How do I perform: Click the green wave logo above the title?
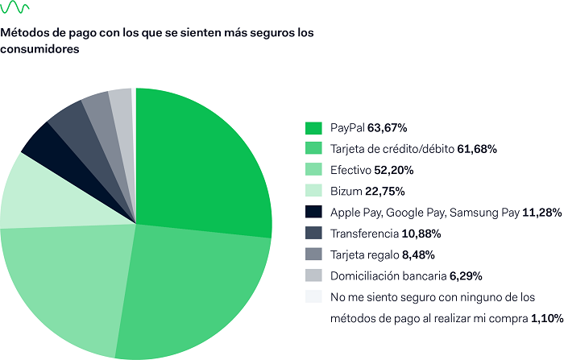tap(16, 10)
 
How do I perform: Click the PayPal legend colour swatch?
tap(314, 128)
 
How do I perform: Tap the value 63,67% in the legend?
tap(387, 128)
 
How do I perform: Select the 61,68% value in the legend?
tap(476, 149)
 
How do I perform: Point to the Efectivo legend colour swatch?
tap(314, 171)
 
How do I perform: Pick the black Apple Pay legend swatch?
tap(314, 213)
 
